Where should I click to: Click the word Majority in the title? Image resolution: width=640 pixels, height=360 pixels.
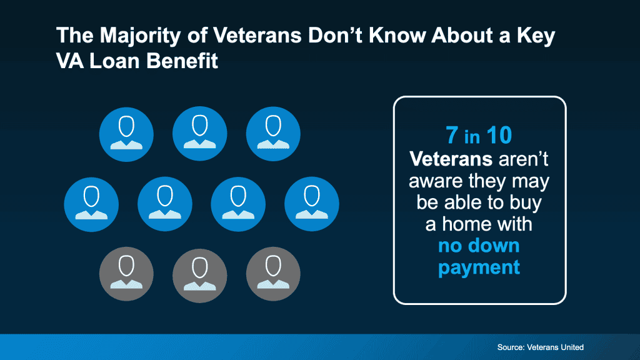click(140, 36)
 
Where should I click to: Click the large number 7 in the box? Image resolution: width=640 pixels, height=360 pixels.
click(451, 135)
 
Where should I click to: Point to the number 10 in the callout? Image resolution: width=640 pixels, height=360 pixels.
click(499, 135)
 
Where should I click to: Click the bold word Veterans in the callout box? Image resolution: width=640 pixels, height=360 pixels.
click(451, 159)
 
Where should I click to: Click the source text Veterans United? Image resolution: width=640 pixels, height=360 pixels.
click(555, 347)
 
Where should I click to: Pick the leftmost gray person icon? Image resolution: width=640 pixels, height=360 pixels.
click(126, 274)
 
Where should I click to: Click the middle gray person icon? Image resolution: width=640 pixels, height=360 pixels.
click(199, 275)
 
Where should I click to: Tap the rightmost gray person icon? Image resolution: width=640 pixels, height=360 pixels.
click(273, 274)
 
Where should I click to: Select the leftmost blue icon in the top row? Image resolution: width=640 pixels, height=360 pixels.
click(126, 134)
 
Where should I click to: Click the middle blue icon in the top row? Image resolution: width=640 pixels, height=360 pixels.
click(199, 134)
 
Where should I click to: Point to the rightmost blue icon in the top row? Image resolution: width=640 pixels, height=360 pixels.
click(273, 134)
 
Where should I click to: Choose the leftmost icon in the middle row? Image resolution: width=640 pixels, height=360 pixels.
click(91, 204)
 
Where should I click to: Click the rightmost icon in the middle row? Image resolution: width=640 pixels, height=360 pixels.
click(312, 204)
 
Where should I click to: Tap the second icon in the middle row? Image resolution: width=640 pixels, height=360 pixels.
click(165, 204)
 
